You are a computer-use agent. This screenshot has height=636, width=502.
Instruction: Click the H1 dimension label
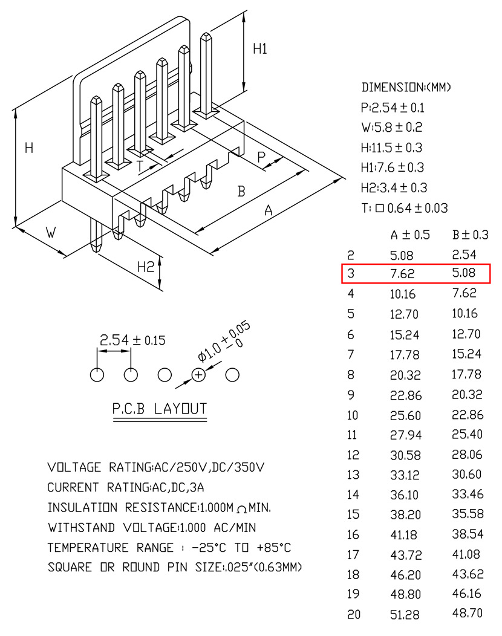tap(259, 49)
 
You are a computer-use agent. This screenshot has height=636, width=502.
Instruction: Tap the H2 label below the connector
tap(146, 267)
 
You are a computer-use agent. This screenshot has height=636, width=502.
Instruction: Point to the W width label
tap(51, 233)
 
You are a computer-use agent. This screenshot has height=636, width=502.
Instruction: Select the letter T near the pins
tap(140, 166)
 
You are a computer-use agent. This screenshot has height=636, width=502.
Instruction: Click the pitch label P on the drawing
tap(261, 157)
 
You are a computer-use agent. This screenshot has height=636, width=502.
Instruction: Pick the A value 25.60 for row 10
tap(405, 415)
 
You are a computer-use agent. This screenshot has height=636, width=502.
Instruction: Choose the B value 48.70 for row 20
tap(467, 612)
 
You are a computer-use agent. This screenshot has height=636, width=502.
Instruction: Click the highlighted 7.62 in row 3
tap(402, 273)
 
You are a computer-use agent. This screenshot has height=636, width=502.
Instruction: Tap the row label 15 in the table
tap(353, 514)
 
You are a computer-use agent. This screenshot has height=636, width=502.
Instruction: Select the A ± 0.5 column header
tap(410, 235)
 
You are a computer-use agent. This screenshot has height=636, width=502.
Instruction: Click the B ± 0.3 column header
tap(471, 235)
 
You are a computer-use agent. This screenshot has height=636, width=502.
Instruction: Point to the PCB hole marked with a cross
tap(198, 375)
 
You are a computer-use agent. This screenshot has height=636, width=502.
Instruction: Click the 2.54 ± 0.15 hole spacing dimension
tap(132, 340)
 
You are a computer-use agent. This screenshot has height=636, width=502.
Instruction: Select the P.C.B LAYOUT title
tap(160, 409)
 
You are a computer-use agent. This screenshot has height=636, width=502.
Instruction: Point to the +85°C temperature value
tap(274, 548)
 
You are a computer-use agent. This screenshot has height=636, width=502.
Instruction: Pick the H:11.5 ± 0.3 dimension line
tap(391, 148)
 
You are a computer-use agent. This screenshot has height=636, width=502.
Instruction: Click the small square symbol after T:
tap(379, 209)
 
